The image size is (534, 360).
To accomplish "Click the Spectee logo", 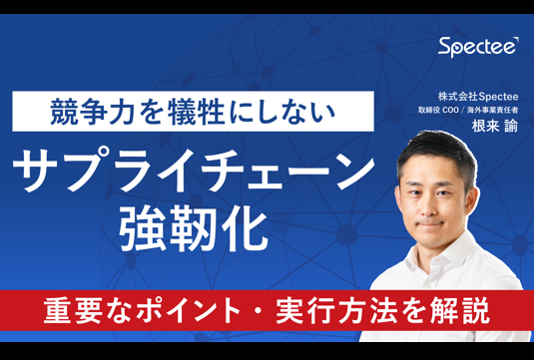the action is pyautogui.click(x=478, y=47).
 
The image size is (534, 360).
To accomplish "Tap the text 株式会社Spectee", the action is pyautogui.click(x=478, y=97).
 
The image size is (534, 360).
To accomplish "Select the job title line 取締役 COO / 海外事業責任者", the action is pyautogui.click(x=468, y=111).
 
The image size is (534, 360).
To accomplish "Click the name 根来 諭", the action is pyautogui.click(x=495, y=127).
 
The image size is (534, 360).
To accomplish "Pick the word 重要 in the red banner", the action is pyautogui.click(x=73, y=311).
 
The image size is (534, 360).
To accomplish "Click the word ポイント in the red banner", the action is pyautogui.click(x=189, y=311).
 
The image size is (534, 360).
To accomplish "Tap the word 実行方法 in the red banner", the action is pyautogui.click(x=336, y=311).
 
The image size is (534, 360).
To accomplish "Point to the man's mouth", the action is pyautogui.click(x=431, y=224).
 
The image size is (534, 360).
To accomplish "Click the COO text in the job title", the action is pyautogui.click(x=450, y=111).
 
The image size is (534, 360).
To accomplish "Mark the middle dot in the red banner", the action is pyautogui.click(x=259, y=311).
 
